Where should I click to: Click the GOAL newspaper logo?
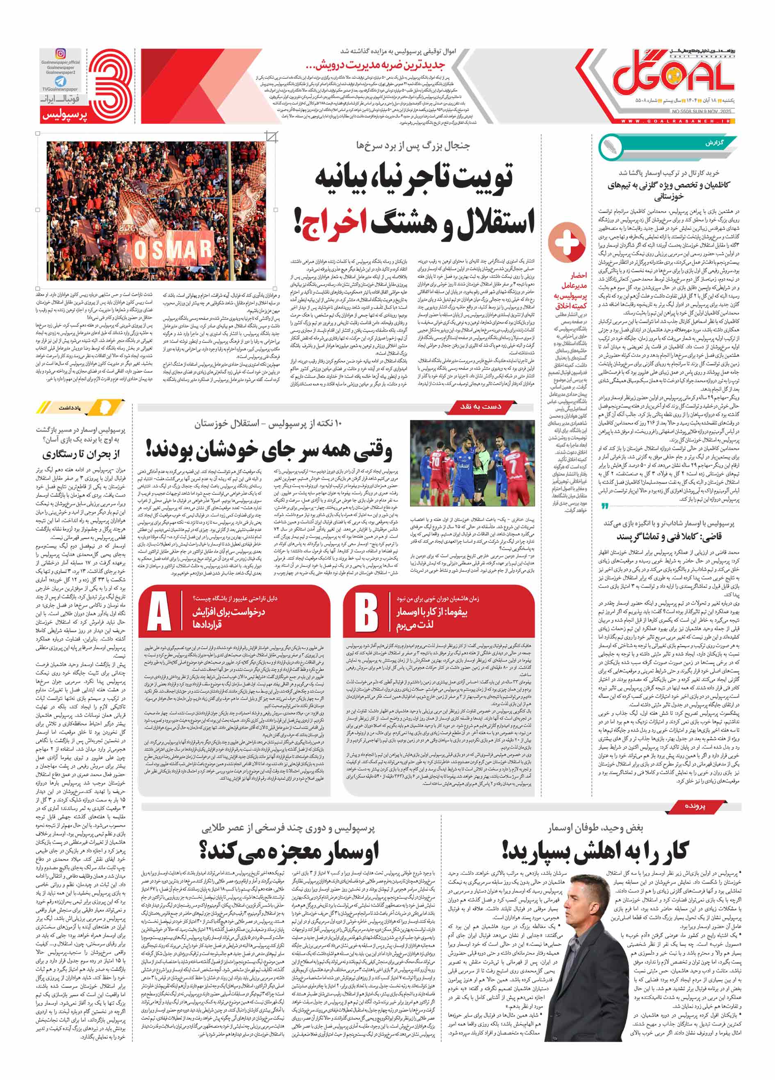[672, 77]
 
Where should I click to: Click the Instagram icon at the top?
[61, 54]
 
